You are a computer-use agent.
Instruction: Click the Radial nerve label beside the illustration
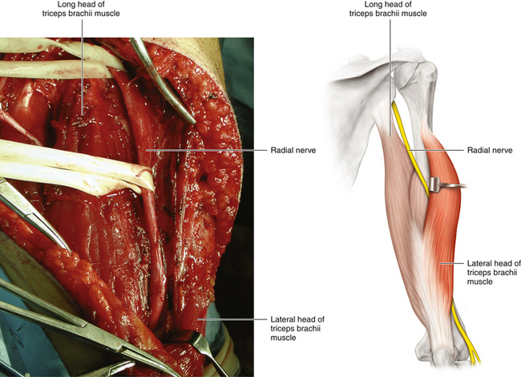pos(491,150)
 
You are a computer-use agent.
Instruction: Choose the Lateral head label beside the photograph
pos(297,327)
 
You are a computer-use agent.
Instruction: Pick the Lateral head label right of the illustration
pos(493,272)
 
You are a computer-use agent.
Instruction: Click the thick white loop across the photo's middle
pos(72,164)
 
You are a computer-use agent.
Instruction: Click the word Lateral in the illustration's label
pos(479,263)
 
